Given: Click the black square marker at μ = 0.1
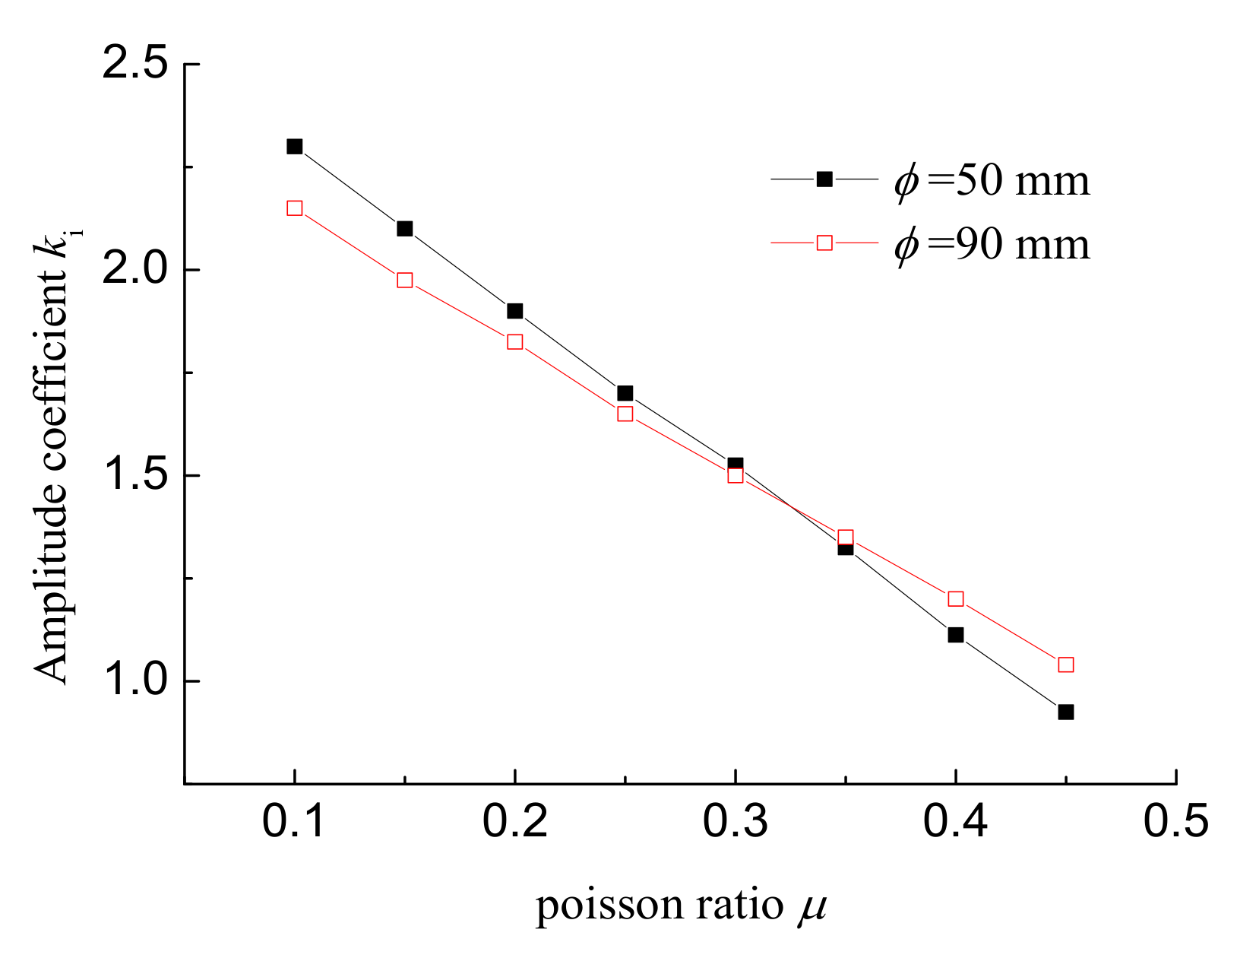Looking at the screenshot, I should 295,146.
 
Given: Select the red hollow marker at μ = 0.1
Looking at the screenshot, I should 295,208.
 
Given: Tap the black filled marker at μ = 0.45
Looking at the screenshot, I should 1065,712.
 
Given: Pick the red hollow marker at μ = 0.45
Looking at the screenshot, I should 1065,665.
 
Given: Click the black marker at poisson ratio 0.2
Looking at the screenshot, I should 515,311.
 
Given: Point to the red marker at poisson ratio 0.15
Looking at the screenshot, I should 405,280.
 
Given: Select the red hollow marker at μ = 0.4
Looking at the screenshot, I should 956,599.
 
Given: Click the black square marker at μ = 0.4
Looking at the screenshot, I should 956,635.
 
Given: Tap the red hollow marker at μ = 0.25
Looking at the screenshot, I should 625,414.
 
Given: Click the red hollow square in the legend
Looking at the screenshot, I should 824,243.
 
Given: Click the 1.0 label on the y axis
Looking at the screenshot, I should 135,680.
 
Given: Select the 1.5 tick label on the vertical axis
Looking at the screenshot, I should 135,475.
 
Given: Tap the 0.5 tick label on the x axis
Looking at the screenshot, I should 1175,822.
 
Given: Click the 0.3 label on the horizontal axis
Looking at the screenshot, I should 735,822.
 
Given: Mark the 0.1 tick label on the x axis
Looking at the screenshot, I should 294,822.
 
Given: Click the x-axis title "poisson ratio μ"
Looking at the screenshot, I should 681,906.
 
